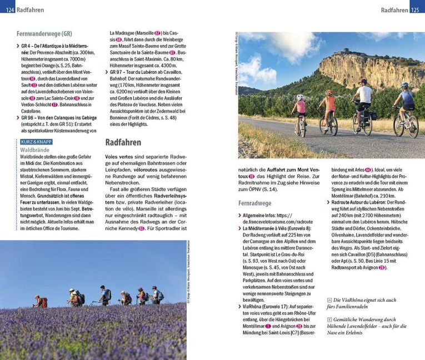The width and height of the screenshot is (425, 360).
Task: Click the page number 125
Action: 417,10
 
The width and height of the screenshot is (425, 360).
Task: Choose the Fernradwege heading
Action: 255,203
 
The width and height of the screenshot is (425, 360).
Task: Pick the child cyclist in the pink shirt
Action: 301,114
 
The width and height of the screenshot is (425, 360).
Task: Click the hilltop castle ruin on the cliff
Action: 348,52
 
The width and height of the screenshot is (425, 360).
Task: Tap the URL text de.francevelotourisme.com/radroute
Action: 273,221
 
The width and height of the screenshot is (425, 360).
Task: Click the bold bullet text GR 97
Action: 119,72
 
